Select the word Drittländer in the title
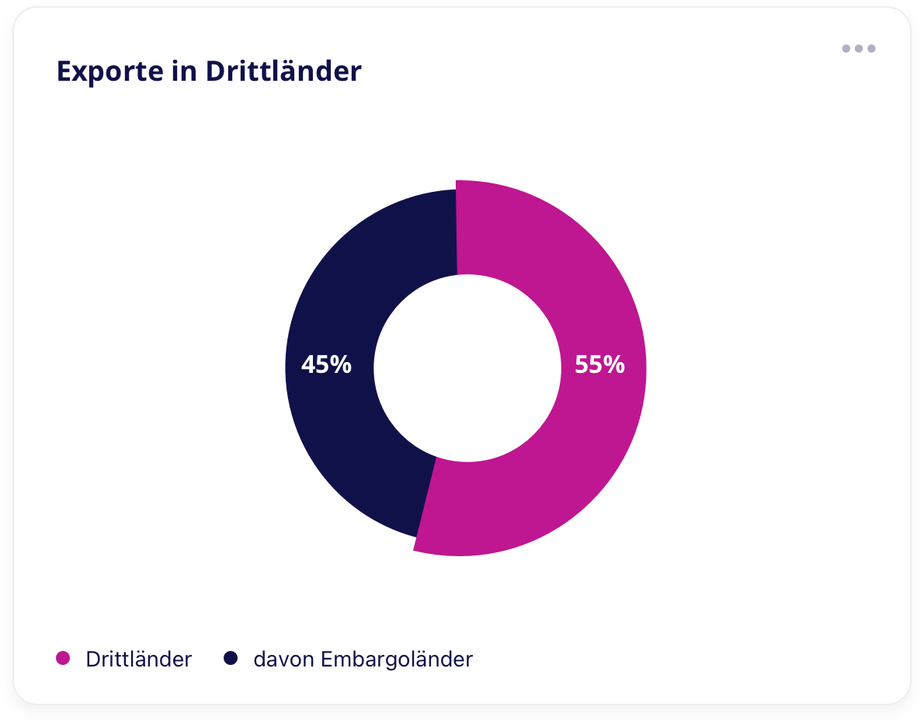[283, 71]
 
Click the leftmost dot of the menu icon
[846, 48]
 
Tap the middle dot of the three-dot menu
[859, 48]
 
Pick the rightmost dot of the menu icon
[871, 48]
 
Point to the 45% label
[326, 364]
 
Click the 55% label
[599, 364]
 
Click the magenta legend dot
[63, 659]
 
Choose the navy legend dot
[231, 659]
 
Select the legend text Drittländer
[139, 660]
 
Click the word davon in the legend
[283, 660]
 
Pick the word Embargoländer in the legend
[396, 660]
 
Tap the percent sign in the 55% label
[615, 364]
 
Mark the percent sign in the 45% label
[342, 364]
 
